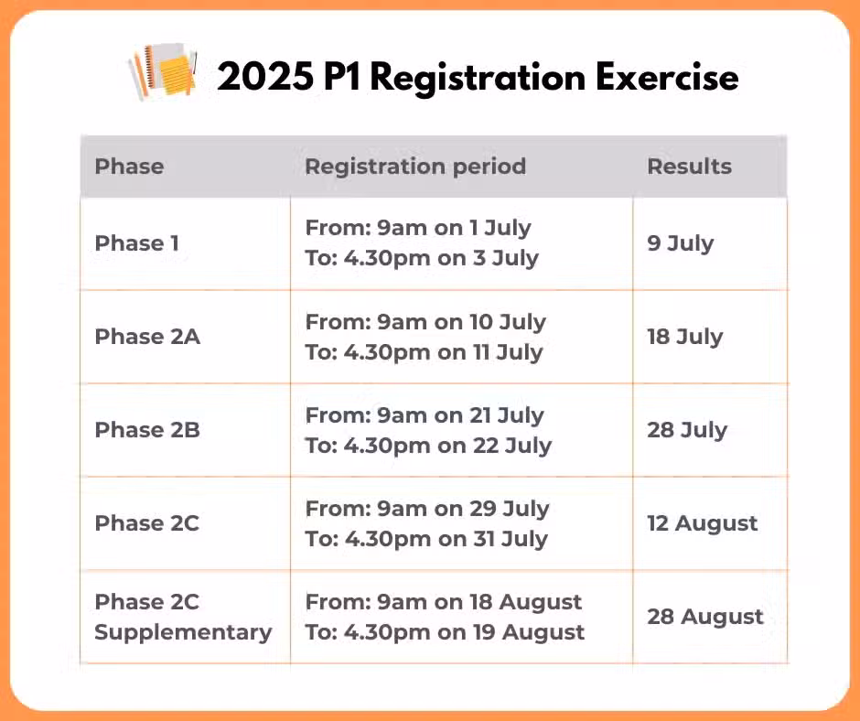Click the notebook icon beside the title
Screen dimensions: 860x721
click(162, 72)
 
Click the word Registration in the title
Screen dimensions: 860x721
click(478, 78)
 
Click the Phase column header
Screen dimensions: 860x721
click(129, 167)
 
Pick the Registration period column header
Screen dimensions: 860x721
click(415, 167)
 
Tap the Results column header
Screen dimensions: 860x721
click(690, 167)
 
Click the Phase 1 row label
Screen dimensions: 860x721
click(137, 243)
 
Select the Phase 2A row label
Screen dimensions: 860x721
click(147, 337)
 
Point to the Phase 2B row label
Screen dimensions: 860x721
click(147, 430)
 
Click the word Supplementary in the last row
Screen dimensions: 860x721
click(183, 632)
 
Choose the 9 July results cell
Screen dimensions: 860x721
click(681, 243)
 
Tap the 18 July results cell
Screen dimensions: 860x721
click(685, 337)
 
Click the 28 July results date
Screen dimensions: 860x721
click(687, 430)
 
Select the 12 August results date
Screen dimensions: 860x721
click(703, 524)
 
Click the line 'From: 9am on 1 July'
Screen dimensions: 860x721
click(418, 228)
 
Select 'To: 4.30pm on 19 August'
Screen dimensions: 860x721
click(445, 633)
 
